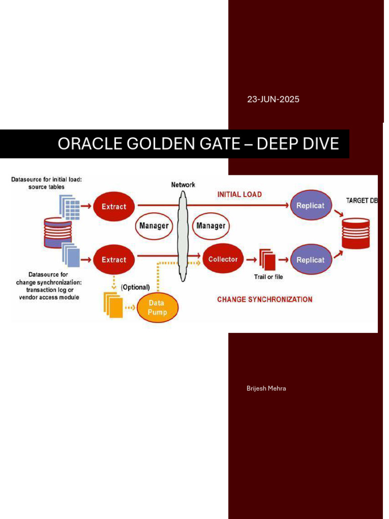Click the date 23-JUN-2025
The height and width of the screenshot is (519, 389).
(x=273, y=99)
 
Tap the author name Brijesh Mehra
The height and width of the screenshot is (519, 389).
(x=266, y=388)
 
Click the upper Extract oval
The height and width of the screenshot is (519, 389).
(x=114, y=206)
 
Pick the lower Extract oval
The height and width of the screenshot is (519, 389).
(x=114, y=259)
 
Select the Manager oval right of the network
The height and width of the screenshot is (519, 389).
(x=211, y=225)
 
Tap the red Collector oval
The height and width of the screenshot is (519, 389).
(x=223, y=259)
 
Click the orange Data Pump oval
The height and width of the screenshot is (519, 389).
(x=158, y=307)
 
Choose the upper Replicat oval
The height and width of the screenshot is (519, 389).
(x=310, y=206)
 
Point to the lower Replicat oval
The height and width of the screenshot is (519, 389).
(x=310, y=259)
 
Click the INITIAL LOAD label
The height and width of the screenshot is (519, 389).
(x=239, y=194)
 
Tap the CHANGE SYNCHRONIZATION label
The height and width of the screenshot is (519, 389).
(x=264, y=300)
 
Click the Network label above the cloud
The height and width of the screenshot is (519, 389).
(x=183, y=185)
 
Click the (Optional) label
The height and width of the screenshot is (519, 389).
(x=135, y=287)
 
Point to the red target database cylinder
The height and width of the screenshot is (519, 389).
(x=356, y=233)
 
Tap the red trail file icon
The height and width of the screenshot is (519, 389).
(x=267, y=261)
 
